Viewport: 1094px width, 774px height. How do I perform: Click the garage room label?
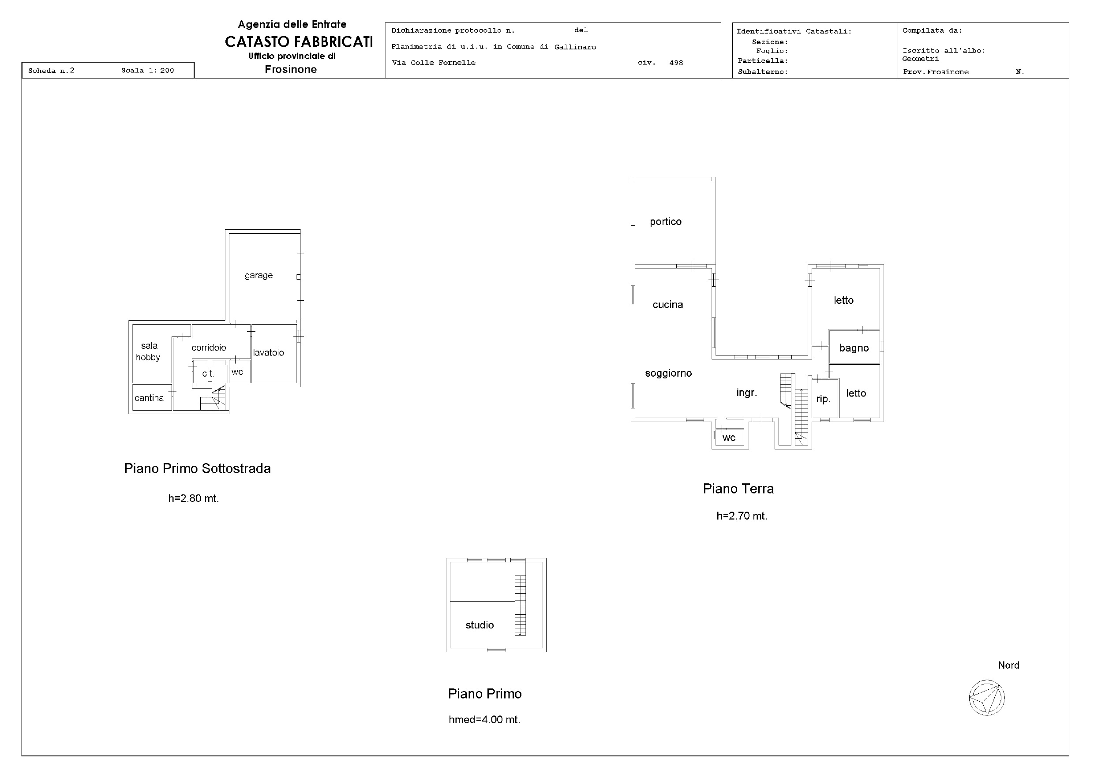pyautogui.click(x=259, y=276)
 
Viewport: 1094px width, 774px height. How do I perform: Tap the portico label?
pyautogui.click(x=666, y=222)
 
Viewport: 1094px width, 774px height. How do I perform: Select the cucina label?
pyautogui.click(x=667, y=305)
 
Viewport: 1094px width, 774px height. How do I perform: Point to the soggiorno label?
pyautogui.click(x=668, y=373)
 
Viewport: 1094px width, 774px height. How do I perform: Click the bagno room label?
pyautogui.click(x=854, y=348)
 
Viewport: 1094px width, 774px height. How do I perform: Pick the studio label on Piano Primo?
pyautogui.click(x=480, y=625)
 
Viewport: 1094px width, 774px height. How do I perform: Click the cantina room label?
pyautogui.click(x=149, y=398)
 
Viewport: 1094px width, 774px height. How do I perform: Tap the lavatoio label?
pyautogui.click(x=268, y=353)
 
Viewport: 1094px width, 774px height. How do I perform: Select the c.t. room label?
pyautogui.click(x=208, y=374)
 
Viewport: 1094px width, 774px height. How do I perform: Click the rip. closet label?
pyautogui.click(x=823, y=399)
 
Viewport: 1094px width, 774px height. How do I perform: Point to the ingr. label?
pyautogui.click(x=746, y=393)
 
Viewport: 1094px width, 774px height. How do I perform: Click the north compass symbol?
pyautogui.click(x=987, y=698)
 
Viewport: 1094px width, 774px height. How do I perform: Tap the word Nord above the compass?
pyautogui.click(x=1009, y=666)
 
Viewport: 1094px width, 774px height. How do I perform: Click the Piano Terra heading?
pyautogui.click(x=738, y=489)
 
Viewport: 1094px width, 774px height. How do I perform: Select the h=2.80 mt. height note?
pyautogui.click(x=194, y=498)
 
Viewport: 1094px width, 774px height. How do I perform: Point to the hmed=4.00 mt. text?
pyautogui.click(x=484, y=720)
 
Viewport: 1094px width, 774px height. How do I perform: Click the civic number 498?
pyautogui.click(x=676, y=63)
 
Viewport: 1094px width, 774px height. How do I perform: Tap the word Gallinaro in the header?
pyautogui.click(x=575, y=47)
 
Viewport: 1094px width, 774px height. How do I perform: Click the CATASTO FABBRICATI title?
pyautogui.click(x=299, y=42)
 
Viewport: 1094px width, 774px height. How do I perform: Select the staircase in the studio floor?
pyautogui.click(x=520, y=605)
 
